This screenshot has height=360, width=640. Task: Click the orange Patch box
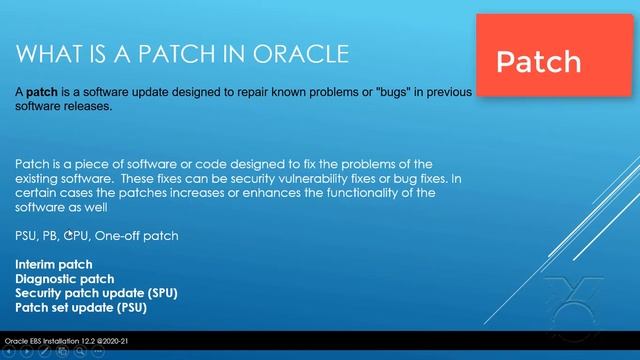pos(539,61)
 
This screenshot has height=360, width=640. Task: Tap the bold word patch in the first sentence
pos(41,90)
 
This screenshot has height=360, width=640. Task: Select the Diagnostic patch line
pos(64,279)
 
